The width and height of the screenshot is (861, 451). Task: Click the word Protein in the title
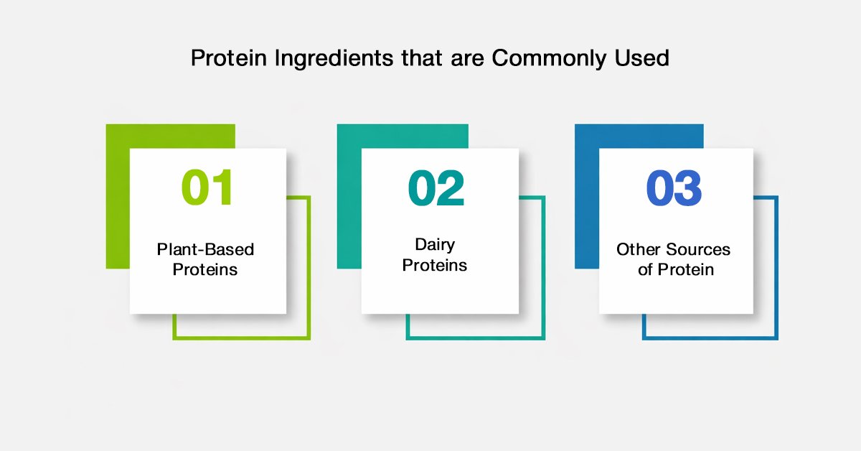pos(229,57)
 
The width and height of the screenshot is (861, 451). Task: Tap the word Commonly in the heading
pos(549,58)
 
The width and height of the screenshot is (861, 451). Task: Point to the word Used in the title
pos(642,57)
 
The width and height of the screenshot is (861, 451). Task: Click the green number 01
pos(207,187)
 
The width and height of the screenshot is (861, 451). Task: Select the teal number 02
pos(436,187)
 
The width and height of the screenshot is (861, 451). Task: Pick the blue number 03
pos(674,187)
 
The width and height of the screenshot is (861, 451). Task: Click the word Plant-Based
pos(205,249)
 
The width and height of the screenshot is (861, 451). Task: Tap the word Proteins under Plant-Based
pos(205,269)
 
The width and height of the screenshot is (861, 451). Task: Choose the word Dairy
pos(435,245)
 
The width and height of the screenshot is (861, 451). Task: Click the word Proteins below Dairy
pos(434,265)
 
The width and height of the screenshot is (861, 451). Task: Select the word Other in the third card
pos(639,249)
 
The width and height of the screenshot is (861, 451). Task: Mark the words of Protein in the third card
pos(676,269)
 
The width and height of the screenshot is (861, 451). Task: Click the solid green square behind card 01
pos(118,196)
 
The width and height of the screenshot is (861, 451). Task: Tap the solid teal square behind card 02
pos(349,196)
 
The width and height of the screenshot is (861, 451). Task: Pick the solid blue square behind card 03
pos(587,196)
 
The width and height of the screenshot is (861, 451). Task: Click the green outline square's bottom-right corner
pos(310,340)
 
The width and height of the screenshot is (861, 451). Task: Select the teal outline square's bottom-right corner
pos(545,340)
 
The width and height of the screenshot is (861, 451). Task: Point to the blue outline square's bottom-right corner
pos(778,340)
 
